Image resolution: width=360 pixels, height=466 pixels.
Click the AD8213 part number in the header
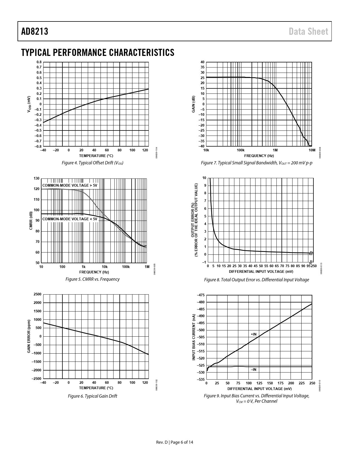click(35, 31)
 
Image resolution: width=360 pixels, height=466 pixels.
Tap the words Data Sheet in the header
click(309, 31)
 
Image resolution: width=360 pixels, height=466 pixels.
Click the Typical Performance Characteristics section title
click(98, 53)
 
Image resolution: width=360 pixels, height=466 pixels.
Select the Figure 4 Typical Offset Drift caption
click(93, 163)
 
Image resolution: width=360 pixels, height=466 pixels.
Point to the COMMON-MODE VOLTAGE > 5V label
click(70, 185)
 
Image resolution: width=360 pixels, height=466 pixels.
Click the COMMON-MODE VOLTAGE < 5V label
click(70, 219)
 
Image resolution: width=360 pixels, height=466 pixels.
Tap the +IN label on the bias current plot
click(254, 334)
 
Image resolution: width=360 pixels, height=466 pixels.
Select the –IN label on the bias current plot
click(254, 369)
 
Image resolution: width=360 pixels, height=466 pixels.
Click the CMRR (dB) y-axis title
click(31, 221)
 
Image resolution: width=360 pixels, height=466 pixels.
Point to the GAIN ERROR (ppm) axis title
click(29, 336)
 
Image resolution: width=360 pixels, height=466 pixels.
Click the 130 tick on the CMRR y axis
click(37, 178)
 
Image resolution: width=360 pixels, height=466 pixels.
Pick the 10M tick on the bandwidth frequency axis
click(312, 150)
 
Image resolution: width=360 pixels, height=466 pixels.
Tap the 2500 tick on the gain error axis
click(38, 294)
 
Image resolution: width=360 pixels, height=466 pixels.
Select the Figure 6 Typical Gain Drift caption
click(93, 396)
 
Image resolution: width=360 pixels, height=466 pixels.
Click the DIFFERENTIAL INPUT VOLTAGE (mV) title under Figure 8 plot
click(261, 272)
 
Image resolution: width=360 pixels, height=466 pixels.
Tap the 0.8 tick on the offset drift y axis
click(39, 62)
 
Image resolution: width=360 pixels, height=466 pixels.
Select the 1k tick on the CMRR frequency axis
click(83, 267)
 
